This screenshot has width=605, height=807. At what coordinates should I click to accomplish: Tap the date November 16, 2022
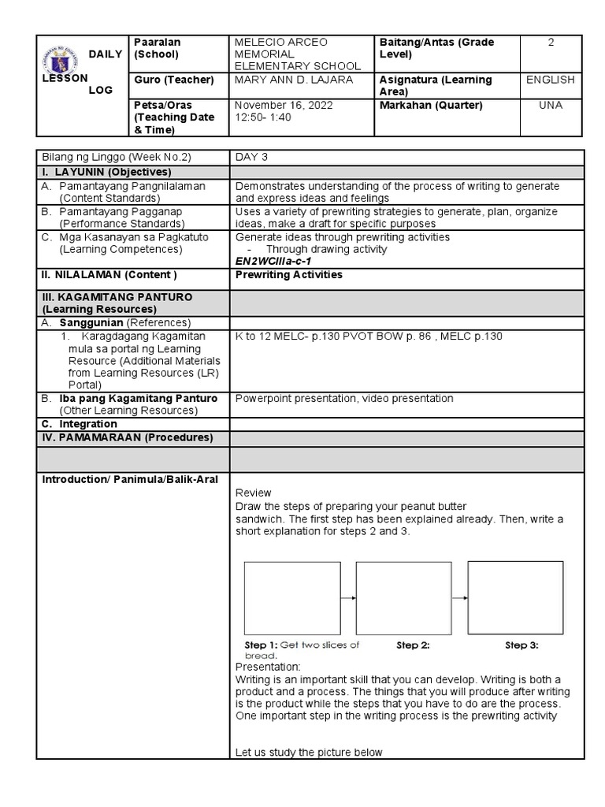click(x=284, y=105)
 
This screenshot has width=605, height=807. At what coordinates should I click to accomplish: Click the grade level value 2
click(x=551, y=43)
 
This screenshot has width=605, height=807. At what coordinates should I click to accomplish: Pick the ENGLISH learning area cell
click(x=551, y=80)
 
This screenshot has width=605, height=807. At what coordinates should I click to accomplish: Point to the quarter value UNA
click(x=551, y=105)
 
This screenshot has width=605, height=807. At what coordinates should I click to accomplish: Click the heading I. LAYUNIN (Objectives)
click(x=106, y=172)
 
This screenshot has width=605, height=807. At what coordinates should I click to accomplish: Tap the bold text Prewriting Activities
click(x=289, y=275)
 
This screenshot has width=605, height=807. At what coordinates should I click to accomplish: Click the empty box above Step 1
click(x=292, y=598)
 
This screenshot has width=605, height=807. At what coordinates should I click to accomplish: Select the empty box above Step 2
click(x=404, y=598)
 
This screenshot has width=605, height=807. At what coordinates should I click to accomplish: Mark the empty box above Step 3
click(x=515, y=597)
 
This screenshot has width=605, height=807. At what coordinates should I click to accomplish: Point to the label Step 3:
click(x=521, y=645)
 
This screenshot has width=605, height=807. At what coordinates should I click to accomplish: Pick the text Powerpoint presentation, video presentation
click(x=344, y=399)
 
